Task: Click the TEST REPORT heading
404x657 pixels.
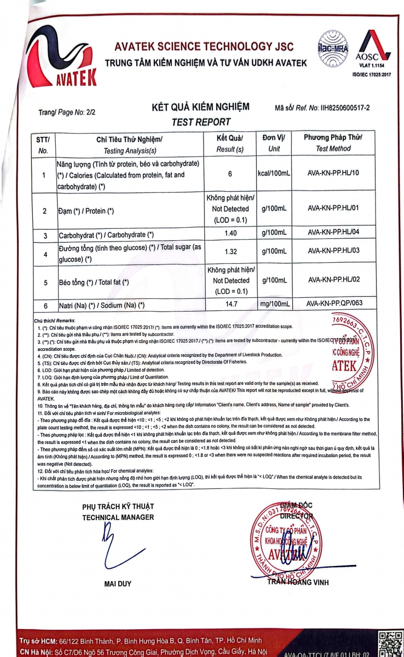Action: tap(201, 122)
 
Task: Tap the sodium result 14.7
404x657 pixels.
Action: tap(230, 303)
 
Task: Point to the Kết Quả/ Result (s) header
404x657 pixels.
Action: tap(230, 142)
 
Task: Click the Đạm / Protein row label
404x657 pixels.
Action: tap(86, 211)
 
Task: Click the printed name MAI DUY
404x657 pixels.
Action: tap(118, 584)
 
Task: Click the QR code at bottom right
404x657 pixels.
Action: tap(388, 643)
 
